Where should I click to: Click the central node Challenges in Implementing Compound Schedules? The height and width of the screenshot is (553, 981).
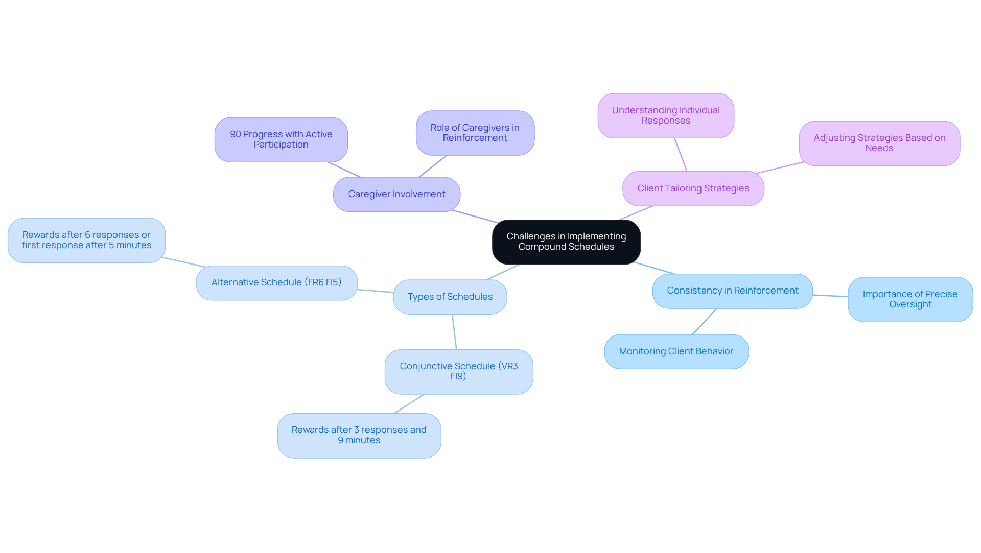click(566, 242)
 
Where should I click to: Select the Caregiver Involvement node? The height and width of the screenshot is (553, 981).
click(396, 195)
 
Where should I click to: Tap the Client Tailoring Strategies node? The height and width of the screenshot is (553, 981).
click(693, 189)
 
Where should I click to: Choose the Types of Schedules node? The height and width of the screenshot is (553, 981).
click(450, 297)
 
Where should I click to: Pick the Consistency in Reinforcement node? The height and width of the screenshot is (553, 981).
click(732, 291)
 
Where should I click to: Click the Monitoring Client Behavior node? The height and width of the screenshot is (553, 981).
click(676, 352)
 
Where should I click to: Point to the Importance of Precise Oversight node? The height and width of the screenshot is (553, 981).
click(910, 300)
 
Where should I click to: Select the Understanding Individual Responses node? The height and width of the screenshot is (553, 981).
click(666, 116)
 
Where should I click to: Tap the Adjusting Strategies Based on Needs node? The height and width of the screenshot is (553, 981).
click(879, 143)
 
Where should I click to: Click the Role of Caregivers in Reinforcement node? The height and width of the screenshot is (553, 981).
click(475, 133)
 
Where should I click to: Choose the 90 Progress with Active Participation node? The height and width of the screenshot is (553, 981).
click(281, 140)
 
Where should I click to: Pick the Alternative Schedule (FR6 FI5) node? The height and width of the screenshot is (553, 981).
click(276, 283)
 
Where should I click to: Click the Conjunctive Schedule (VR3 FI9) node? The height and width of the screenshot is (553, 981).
click(458, 372)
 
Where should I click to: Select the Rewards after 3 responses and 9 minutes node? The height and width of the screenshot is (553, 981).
click(359, 436)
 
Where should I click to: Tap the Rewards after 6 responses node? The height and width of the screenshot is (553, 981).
click(86, 241)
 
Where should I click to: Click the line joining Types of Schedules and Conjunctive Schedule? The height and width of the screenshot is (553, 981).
click(454, 332)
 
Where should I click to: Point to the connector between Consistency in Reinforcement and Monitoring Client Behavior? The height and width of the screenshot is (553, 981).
click(705, 322)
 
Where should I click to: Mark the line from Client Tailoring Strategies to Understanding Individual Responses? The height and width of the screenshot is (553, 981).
click(681, 155)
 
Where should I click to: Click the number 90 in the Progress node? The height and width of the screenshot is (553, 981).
click(236, 135)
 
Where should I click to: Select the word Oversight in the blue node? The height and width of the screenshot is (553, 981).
click(910, 305)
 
